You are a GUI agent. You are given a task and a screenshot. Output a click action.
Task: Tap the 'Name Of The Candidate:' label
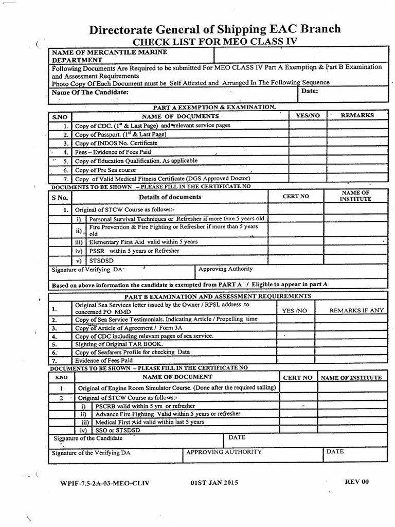point(90,93)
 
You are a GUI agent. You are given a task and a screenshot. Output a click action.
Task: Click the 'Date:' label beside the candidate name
point(310,91)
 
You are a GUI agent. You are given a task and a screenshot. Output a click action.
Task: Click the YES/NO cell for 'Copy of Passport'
point(308,134)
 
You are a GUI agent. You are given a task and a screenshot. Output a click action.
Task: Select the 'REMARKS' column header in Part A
point(357,116)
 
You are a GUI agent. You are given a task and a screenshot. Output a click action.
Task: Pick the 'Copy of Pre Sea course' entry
point(106,169)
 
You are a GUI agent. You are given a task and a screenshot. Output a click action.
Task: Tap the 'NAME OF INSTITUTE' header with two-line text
point(354,196)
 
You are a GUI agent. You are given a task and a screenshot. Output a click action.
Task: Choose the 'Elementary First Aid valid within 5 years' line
point(143,241)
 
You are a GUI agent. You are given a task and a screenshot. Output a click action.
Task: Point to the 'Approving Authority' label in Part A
point(225,269)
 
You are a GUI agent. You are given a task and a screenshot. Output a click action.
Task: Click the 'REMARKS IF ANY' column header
point(356,311)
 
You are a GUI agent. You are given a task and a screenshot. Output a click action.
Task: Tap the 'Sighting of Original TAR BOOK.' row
point(119,344)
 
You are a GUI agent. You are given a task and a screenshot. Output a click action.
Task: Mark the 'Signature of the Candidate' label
point(88,438)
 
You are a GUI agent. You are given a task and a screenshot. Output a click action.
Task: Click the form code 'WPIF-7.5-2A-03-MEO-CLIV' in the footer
point(101,484)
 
